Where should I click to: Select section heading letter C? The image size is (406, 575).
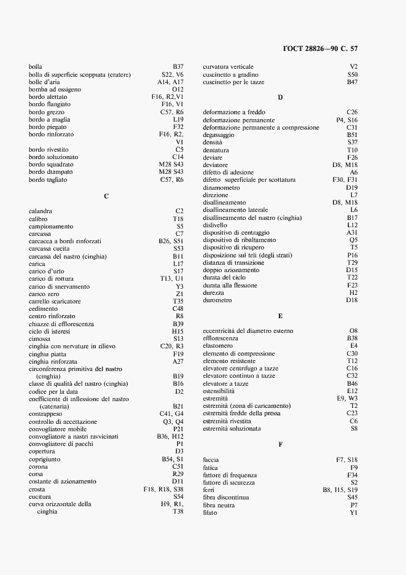point(106,196)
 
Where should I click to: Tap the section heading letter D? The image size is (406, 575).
point(280,98)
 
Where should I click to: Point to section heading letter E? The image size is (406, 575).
point(280,316)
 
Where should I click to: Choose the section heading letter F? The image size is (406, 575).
point(280,445)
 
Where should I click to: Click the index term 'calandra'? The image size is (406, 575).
point(41,211)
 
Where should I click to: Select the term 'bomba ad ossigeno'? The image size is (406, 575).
point(55,90)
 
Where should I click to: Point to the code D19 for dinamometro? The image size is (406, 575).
point(352,187)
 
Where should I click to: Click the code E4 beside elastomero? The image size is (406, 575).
point(353,346)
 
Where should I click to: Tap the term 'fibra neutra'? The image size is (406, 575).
point(219,505)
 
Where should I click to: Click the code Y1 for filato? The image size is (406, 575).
point(353,513)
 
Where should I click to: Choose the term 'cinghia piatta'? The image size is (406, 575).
point(49,354)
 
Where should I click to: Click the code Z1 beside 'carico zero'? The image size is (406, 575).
point(179,294)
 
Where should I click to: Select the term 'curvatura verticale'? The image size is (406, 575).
point(228,66)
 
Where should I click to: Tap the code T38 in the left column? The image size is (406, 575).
point(178,512)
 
